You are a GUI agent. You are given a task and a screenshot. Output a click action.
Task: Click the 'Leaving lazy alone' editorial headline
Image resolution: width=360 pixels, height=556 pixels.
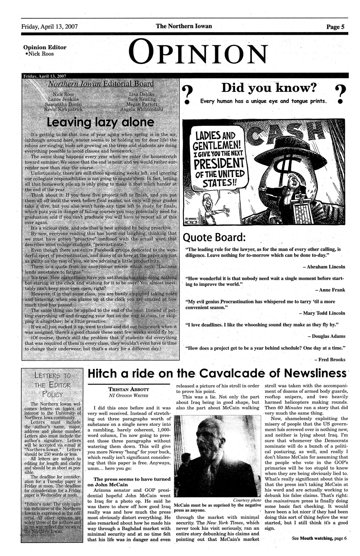(x=101, y=123)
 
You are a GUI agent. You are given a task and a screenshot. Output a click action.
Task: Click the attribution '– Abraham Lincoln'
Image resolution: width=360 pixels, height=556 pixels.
(x=324, y=267)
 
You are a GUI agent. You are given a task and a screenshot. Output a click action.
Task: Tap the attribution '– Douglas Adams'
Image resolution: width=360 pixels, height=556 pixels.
(x=327, y=336)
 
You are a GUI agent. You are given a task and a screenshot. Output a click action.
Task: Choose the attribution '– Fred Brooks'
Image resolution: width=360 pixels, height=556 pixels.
(x=329, y=359)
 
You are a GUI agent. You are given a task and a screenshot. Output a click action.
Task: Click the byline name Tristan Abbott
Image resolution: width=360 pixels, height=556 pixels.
(x=129, y=389)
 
